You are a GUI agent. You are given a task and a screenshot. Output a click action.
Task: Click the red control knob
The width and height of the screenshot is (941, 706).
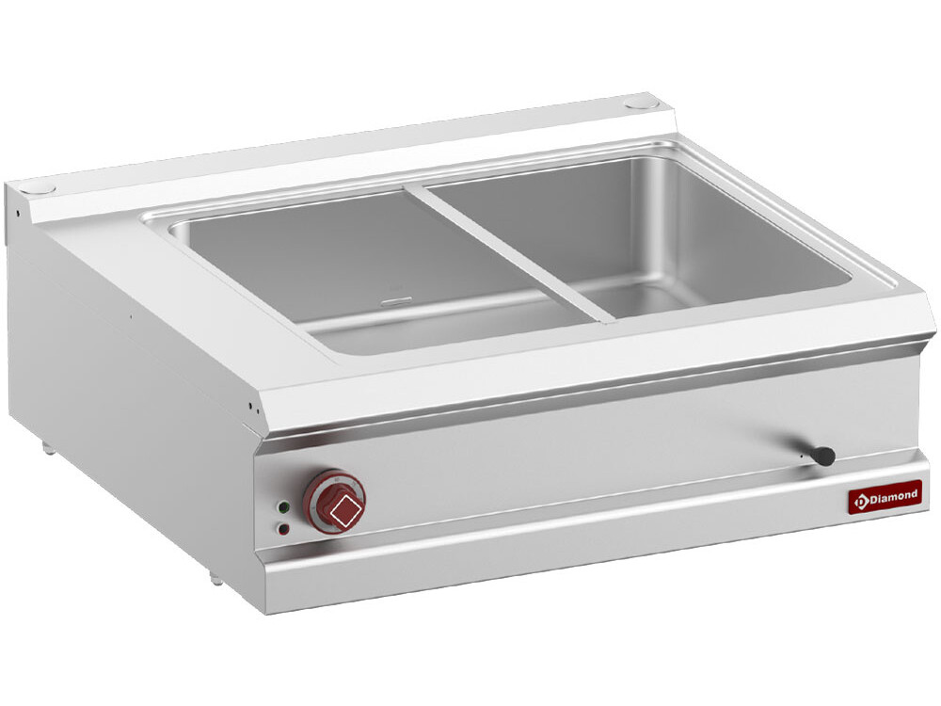(x=333, y=501)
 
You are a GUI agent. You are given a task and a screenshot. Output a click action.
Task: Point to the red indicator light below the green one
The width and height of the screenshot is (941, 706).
(x=283, y=528)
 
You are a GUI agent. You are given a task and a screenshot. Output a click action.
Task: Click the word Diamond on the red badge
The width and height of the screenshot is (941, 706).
(x=894, y=496)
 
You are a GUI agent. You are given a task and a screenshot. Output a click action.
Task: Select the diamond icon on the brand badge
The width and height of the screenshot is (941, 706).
(x=860, y=501)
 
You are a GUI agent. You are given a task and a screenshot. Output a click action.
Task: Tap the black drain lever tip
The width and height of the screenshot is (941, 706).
(x=824, y=456)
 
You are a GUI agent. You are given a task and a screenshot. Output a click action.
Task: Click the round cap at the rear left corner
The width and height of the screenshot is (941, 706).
(x=43, y=188)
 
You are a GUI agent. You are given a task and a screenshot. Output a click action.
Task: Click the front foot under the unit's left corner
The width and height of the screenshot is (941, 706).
(x=215, y=577)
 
